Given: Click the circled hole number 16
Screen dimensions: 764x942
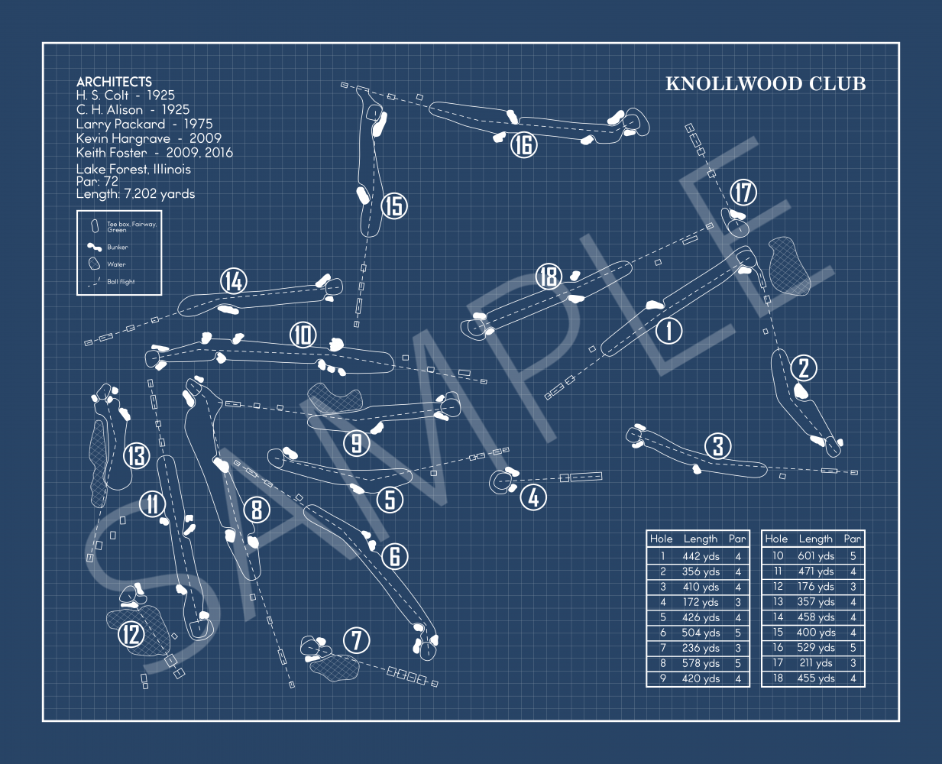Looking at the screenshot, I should pos(524,144).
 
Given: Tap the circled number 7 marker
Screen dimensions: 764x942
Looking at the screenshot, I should pos(357,640).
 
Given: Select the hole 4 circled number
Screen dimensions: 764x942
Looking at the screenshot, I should pos(533,498).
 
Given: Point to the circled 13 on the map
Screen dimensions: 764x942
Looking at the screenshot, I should pos(136,456).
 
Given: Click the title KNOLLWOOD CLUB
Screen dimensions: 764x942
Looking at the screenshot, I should pos(766,84).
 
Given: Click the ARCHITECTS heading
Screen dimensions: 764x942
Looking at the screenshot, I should pos(114,82).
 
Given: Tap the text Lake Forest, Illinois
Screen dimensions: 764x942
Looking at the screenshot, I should pos(133,169).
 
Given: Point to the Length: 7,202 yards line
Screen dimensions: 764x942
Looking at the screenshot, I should pos(135,194).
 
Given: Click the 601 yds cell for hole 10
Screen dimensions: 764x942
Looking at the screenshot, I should pos(816,556).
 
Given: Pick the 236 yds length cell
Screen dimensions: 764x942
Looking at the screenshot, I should pos(701,648).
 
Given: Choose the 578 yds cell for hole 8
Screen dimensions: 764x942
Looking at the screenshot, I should pos(701,663).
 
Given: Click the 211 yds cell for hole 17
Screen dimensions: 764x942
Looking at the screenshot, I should pos(816,663).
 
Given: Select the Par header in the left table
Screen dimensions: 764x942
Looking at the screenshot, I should pos(736,539).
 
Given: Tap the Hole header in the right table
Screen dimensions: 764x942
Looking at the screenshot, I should pos(776,539).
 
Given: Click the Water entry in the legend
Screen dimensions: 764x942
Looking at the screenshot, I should pos(116,264).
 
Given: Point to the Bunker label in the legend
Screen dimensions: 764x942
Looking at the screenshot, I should pos(118,248).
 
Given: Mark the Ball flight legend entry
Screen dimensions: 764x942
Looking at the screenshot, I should pos(121,282).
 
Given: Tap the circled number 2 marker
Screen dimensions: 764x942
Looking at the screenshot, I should pos(804,368).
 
